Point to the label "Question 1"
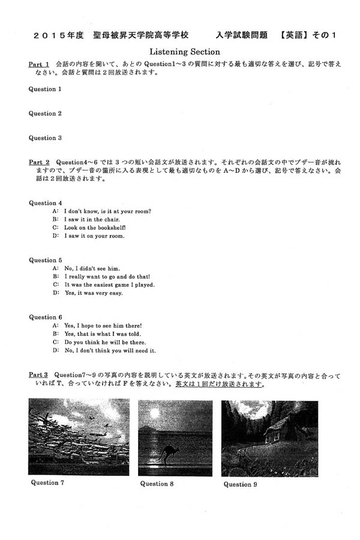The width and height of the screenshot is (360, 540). point(46,89)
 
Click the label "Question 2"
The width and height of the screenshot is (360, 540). point(46,113)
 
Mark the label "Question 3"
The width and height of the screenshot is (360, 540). point(46,138)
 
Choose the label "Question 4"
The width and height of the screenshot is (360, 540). point(46,203)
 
